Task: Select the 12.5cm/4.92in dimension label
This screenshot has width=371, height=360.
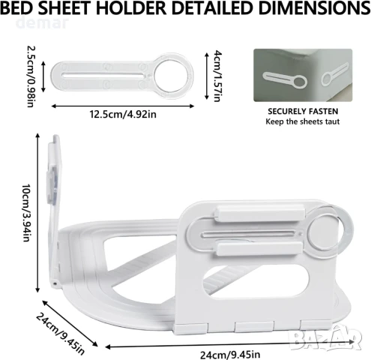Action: click(123, 114)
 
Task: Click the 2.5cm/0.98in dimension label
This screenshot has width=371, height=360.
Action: click(30, 76)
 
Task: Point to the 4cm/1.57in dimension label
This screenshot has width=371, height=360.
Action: click(217, 76)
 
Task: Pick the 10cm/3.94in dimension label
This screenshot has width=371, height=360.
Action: click(26, 213)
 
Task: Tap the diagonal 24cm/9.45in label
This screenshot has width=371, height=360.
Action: click(60, 333)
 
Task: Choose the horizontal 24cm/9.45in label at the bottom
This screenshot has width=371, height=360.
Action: click(230, 355)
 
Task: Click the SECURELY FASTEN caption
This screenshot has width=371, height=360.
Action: click(303, 111)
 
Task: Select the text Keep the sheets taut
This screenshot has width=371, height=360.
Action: click(303, 121)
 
